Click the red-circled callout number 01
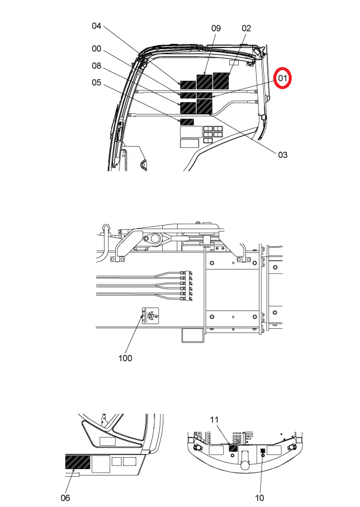tap(282, 78)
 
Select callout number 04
tap(96, 26)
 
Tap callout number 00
tap(96, 49)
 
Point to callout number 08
tap(96, 66)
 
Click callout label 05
tap(96, 83)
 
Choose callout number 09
tap(216, 28)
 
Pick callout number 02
tap(246, 28)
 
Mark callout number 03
tap(282, 155)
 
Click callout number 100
tap(125, 358)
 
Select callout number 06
tap(65, 498)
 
